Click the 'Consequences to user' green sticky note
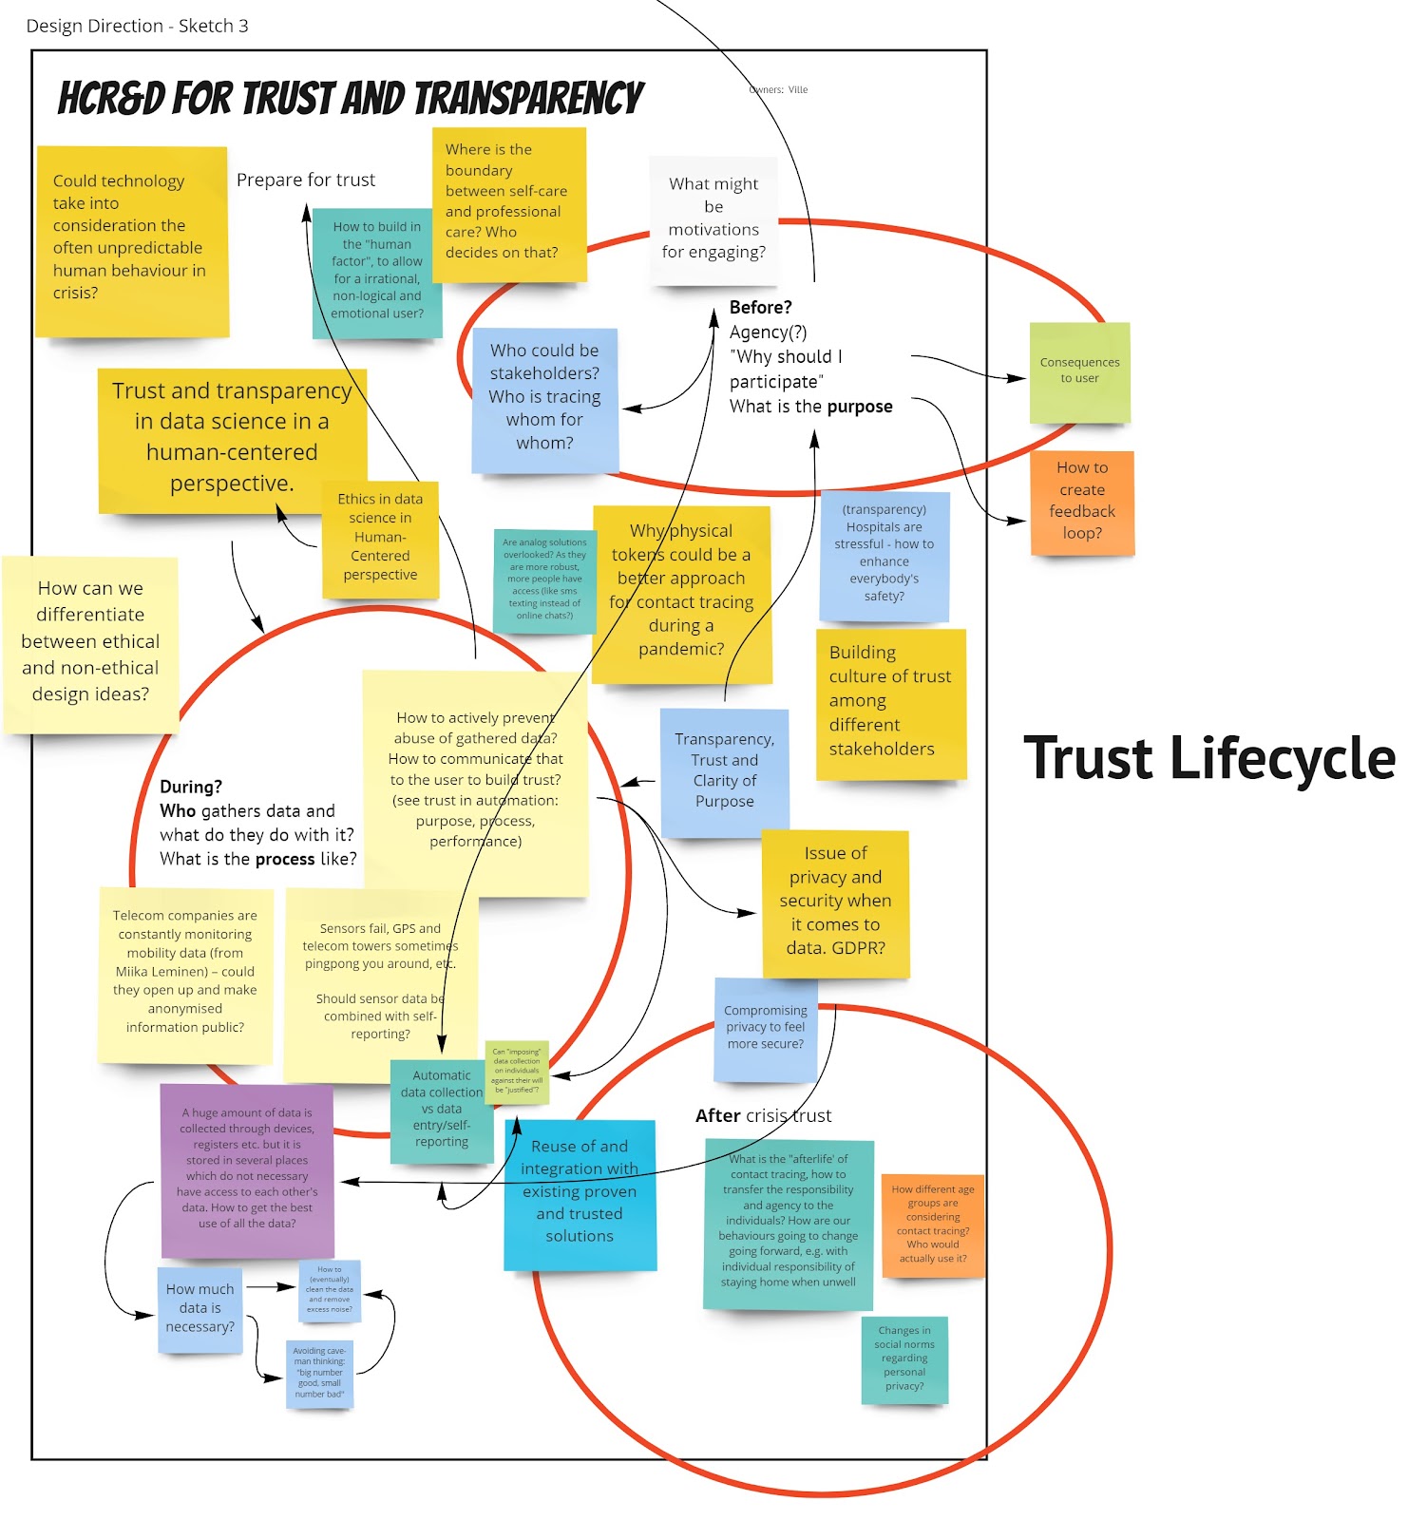tap(1079, 371)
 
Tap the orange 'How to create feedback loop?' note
tap(1082, 502)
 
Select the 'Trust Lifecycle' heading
tap(1208, 759)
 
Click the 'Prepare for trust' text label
tap(305, 180)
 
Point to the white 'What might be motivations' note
tap(714, 219)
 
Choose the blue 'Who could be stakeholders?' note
tap(544, 398)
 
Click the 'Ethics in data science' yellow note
tap(380, 538)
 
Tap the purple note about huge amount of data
tap(247, 1169)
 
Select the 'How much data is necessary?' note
tap(200, 1308)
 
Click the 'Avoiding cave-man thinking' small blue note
tap(319, 1373)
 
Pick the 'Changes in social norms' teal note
tap(904, 1358)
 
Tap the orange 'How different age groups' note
tap(933, 1224)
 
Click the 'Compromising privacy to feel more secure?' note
tap(766, 1028)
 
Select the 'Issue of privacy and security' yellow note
tap(835, 902)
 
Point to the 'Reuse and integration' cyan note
tap(580, 1193)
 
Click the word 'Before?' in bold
tap(760, 307)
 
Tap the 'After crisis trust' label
tap(763, 1115)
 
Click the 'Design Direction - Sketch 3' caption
tap(138, 26)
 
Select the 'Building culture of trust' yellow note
tap(890, 702)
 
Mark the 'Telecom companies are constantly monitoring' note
tap(185, 972)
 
